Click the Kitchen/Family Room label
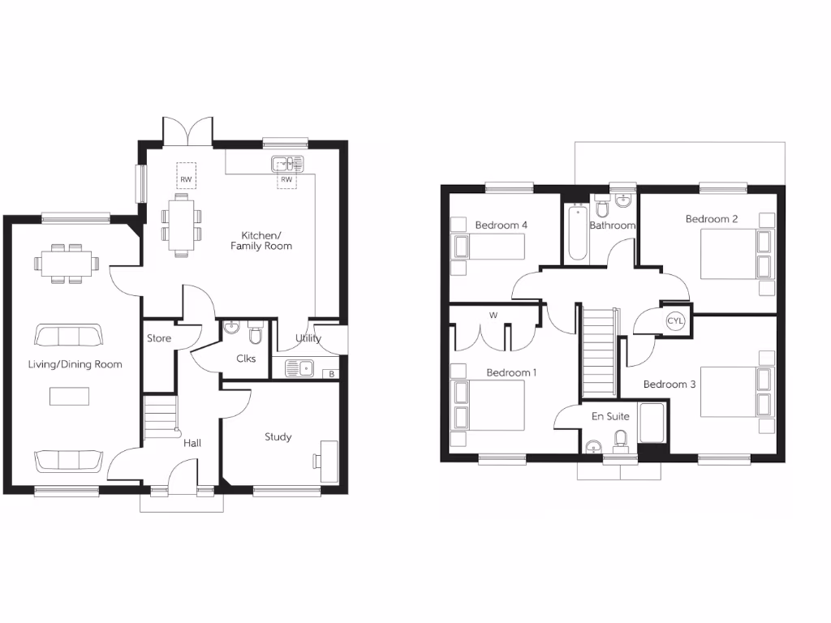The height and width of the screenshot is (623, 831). point(261,240)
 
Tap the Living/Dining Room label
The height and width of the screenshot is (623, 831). point(75,364)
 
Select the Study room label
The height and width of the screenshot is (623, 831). point(278,437)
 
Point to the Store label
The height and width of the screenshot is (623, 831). point(159,338)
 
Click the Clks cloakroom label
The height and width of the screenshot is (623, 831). point(247,358)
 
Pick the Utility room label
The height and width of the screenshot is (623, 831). point(308,338)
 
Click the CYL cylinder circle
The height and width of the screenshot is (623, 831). point(675,321)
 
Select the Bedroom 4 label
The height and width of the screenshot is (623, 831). point(502,225)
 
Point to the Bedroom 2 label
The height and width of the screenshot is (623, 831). point(712,219)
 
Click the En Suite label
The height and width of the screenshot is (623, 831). point(609,416)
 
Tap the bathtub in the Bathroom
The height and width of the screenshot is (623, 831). point(577,233)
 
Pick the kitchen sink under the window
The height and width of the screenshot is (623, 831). point(287,164)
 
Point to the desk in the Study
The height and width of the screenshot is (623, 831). point(329,462)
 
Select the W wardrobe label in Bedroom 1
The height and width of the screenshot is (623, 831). point(493,316)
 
